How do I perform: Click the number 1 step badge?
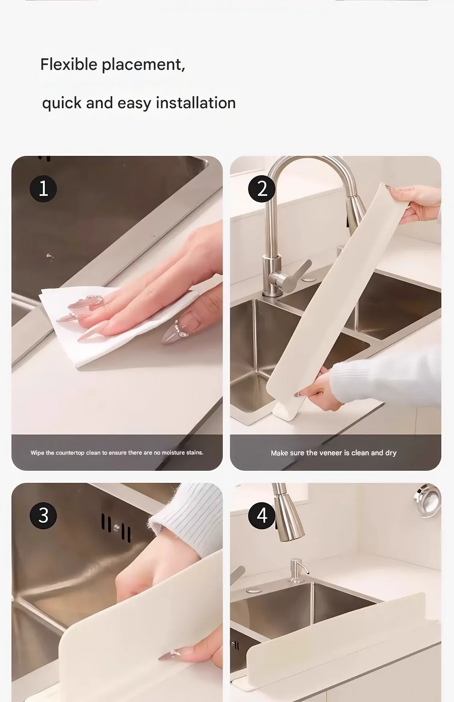43,188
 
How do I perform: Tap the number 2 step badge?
262,188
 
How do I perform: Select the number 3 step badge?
43,516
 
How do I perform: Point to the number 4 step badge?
262,516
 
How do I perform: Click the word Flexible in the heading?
69,64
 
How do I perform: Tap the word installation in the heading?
196,103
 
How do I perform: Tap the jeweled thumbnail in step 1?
176,327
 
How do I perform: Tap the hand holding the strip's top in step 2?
414,204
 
